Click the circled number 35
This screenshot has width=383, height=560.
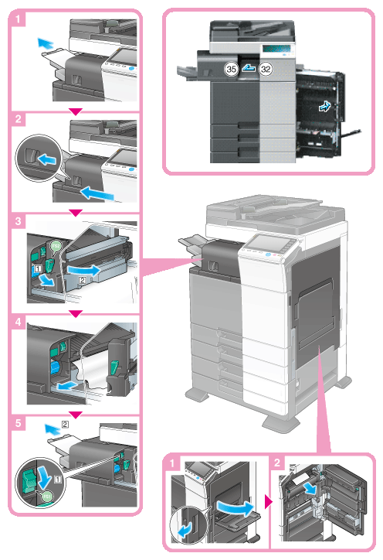(x=232, y=69)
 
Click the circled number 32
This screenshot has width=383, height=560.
(x=266, y=69)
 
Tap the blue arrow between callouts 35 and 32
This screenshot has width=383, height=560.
(x=249, y=67)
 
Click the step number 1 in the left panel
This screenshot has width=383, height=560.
(x=18, y=19)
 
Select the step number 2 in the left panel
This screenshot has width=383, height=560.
(x=18, y=119)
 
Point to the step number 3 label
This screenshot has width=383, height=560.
(x=18, y=221)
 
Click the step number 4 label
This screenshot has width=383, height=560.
(x=18, y=322)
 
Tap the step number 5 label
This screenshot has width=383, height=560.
(x=18, y=424)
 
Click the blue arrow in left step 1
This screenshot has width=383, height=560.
(x=46, y=44)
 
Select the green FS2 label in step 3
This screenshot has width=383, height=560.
(x=56, y=246)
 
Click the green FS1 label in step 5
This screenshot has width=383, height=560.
(x=46, y=496)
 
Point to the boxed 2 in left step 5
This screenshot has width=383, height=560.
(x=65, y=425)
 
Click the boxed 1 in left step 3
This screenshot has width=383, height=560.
(x=38, y=268)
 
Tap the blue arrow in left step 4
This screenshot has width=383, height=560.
(x=66, y=385)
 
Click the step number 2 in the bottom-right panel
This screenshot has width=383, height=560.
(x=277, y=463)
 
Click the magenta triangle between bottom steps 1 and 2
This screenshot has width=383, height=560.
(x=269, y=503)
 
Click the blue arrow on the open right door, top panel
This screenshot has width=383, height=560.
(x=325, y=106)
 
